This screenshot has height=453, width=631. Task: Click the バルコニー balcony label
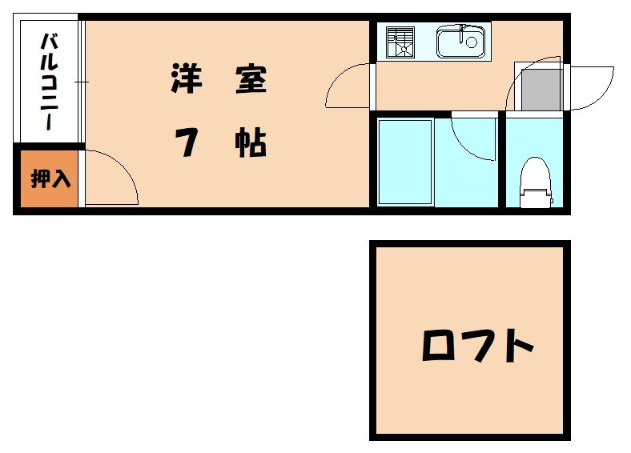pos(50,82)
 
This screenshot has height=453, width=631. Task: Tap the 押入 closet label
pos(50,179)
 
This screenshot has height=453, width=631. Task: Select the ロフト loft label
pos(478,346)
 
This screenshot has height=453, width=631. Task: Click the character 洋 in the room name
pos(187,78)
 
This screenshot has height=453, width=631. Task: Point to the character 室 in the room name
pos(251,78)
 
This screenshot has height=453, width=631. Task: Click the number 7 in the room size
pos(187,142)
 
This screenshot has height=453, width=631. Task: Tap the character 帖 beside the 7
pos(251,142)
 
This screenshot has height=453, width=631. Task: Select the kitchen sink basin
pos(461,41)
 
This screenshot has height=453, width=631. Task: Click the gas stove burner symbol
pos(400,42)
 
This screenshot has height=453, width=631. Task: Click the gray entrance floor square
pos(541,90)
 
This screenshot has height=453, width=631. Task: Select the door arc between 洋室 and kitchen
pos(348,86)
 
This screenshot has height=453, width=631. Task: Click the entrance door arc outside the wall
pos(593,88)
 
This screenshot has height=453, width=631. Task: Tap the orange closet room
pos(49,178)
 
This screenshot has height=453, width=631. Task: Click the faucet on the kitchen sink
pos(462,34)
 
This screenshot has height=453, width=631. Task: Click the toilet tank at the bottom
pos(536,198)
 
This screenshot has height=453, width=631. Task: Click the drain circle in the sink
pos(471,42)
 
